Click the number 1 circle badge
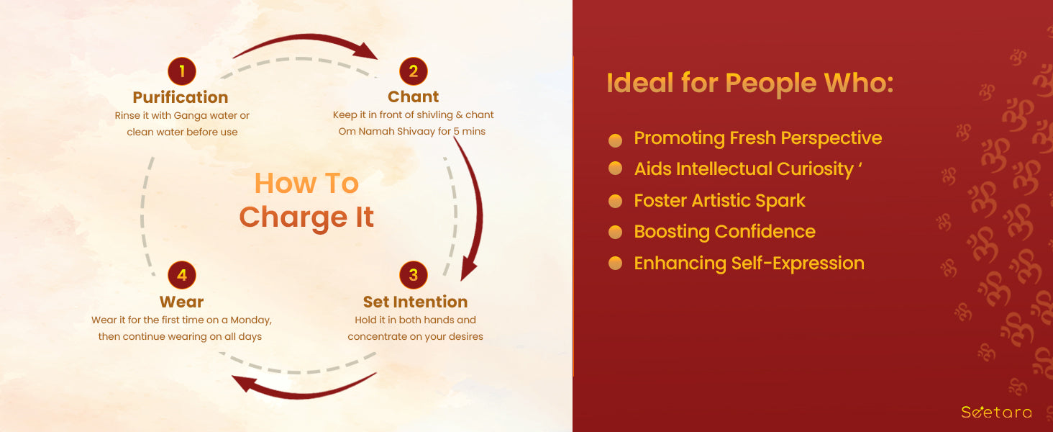182,71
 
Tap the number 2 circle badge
413,71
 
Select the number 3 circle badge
413,275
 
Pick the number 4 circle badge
182,275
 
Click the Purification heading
181,97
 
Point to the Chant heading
413,96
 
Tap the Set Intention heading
415,302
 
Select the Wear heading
181,302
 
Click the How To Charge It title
306,200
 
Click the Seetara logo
996,413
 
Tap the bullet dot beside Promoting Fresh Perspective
616,140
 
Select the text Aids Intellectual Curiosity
744,169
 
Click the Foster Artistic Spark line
719,200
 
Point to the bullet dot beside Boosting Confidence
616,232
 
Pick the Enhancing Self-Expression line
749,264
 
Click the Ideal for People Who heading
750,84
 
